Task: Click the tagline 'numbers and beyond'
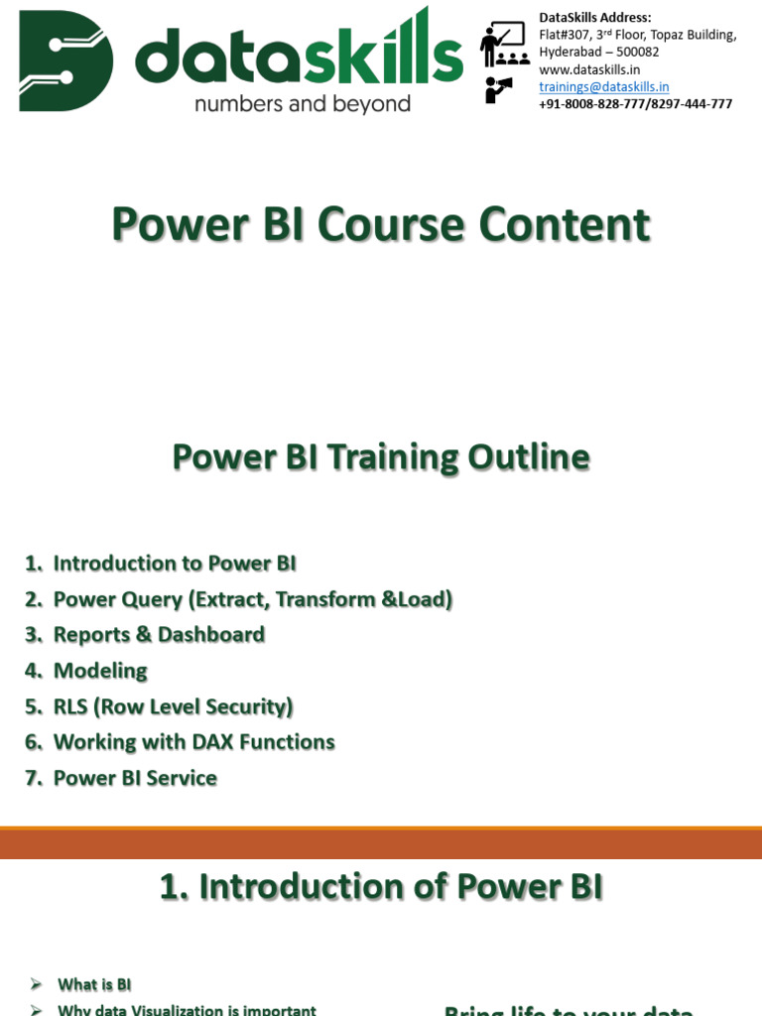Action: click(303, 103)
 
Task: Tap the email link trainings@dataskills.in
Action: click(603, 87)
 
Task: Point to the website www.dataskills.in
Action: click(589, 69)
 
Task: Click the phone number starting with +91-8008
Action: click(635, 103)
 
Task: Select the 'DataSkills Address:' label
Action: click(595, 17)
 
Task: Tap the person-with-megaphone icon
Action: click(498, 89)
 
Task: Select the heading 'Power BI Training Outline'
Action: click(381, 457)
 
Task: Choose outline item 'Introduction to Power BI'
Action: click(174, 564)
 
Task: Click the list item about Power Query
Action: click(252, 599)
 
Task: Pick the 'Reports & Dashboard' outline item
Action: click(159, 635)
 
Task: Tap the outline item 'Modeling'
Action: click(100, 671)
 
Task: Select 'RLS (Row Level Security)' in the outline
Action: click(174, 706)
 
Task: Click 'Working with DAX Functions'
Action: click(193, 742)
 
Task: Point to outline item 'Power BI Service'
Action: click(135, 778)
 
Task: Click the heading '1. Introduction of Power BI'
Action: click(381, 886)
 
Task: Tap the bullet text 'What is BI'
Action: click(94, 984)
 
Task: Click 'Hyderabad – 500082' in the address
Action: click(598, 52)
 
